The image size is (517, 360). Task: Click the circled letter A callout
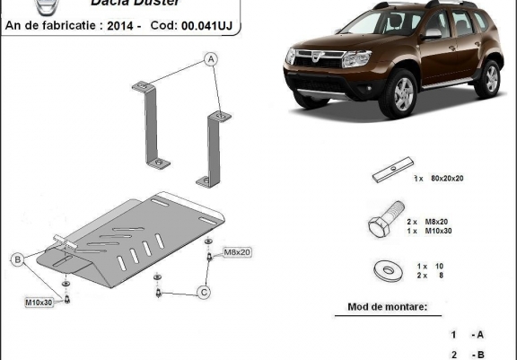pos(212,60)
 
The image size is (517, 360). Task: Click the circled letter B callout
pos(16,260)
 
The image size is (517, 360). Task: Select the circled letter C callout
pos(204,290)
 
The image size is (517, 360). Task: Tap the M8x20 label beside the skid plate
pos(237,252)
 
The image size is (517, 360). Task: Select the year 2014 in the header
pos(127,27)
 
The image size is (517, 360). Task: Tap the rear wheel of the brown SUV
pos(487,78)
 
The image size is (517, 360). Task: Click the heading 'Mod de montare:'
pos(387,308)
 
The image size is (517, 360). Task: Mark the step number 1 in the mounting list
pos(453,334)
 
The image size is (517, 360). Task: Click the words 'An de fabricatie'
pos(52,27)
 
